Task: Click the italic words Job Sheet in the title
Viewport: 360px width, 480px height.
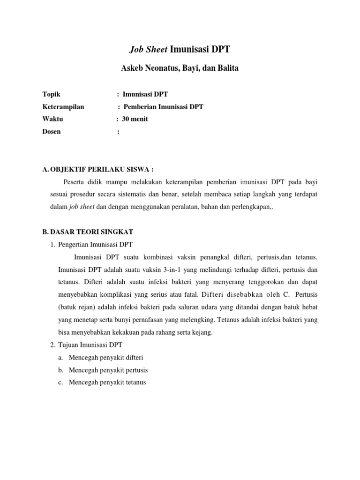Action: point(148,49)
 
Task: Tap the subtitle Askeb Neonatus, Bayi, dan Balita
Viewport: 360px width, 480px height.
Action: point(180,68)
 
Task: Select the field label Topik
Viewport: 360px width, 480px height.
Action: point(51,94)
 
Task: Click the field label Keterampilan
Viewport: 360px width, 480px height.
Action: point(63,106)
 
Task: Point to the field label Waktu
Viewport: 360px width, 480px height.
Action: point(52,119)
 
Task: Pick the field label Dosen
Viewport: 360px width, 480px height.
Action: point(52,132)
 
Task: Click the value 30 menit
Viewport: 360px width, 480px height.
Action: point(135,119)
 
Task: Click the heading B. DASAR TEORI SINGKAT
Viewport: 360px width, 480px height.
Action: point(88,232)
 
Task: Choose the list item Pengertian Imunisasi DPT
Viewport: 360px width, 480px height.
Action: point(96,244)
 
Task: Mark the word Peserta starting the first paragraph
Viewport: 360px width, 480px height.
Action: point(75,181)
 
